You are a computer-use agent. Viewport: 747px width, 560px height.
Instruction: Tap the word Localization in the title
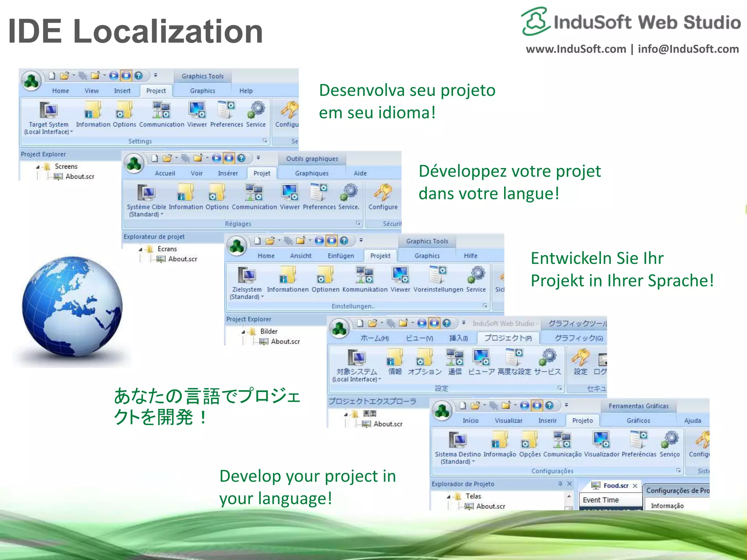(x=168, y=31)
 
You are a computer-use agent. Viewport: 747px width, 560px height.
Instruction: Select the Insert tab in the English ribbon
(x=122, y=91)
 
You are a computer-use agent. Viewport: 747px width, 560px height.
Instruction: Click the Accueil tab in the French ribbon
(x=165, y=173)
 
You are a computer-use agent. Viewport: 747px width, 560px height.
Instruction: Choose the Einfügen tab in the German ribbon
(x=341, y=256)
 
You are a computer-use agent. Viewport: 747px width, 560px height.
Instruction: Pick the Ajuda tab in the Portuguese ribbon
(x=692, y=420)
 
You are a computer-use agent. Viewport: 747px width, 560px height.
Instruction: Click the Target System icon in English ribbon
(x=49, y=110)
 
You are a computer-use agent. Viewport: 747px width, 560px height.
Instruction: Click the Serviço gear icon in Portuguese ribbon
(x=670, y=439)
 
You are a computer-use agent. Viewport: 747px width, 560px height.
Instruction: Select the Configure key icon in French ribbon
(x=383, y=192)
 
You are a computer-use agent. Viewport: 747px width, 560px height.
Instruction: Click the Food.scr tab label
(x=616, y=485)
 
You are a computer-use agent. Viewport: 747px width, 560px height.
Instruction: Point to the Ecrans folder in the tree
(x=167, y=249)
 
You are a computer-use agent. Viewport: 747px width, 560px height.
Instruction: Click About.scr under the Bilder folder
(x=285, y=341)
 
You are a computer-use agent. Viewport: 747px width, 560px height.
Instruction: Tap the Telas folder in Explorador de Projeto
(x=473, y=496)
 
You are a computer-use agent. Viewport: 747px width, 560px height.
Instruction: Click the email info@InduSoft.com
(x=688, y=49)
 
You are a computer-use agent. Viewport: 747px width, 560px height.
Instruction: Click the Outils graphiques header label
(x=312, y=159)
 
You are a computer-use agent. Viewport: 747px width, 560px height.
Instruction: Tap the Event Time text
(x=600, y=500)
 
